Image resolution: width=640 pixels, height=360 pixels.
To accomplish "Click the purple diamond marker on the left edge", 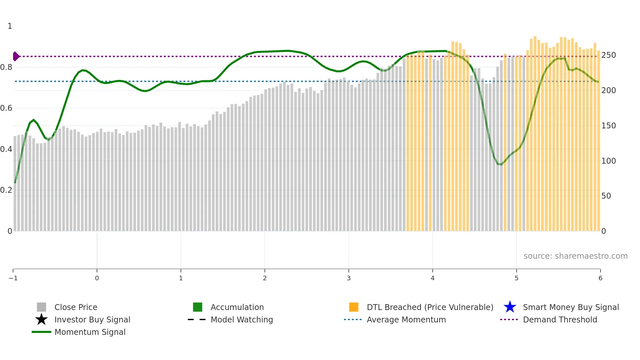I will [x=16, y=57].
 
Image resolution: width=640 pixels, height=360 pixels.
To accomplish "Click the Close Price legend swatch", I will [x=41, y=307].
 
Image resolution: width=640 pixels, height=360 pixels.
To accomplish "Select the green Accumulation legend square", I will [x=198, y=307].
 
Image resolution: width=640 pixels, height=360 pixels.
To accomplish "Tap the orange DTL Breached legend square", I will [x=354, y=307].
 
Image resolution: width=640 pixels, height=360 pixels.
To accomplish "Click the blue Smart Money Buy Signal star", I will [x=510, y=307].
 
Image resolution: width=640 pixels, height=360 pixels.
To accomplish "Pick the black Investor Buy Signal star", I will [x=41, y=319].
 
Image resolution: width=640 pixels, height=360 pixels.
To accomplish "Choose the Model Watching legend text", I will [x=242, y=319].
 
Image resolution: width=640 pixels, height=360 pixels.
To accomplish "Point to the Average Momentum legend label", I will [x=406, y=319].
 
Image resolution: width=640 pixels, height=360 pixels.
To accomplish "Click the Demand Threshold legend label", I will [x=560, y=319].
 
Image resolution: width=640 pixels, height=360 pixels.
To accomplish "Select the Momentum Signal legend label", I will [x=90, y=332].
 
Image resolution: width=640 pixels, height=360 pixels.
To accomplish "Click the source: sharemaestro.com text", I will [x=575, y=256].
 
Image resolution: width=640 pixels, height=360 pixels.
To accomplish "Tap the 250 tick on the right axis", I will [x=608, y=55].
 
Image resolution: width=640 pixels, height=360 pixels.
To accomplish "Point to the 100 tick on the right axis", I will [x=608, y=161].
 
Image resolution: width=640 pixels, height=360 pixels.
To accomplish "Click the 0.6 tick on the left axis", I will [x=6, y=108].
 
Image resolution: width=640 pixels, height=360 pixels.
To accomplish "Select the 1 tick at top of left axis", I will [x=10, y=26].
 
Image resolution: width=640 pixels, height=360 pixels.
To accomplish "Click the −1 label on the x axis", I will [x=13, y=278].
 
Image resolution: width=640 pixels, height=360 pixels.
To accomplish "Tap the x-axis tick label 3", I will [x=349, y=278].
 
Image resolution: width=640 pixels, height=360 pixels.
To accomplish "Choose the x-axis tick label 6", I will [x=600, y=278].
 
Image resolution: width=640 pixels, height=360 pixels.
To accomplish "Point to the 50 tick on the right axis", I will [x=606, y=196].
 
